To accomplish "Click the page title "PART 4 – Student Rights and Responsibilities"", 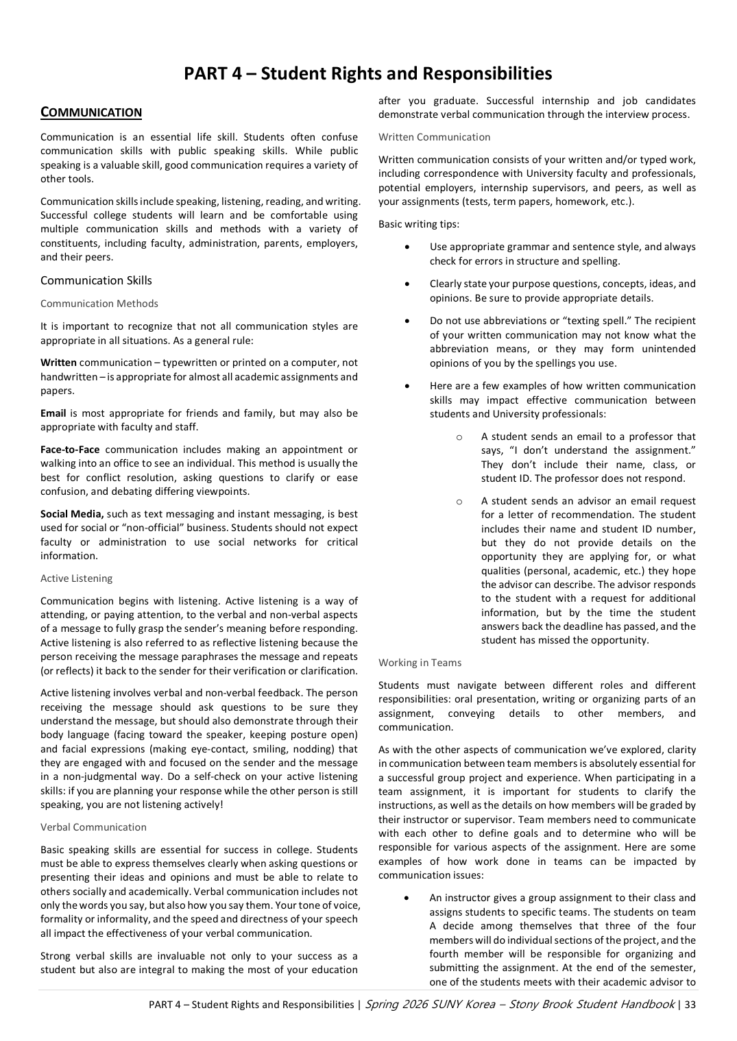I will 367,73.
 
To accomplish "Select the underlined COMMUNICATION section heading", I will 91,112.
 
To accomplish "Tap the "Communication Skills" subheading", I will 96,280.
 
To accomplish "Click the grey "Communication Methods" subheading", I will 99,304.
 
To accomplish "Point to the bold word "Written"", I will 58,363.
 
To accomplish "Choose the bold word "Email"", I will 53,413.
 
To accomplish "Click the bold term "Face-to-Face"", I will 70,450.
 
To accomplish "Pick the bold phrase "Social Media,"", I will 72,514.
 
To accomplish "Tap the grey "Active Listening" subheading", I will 76,578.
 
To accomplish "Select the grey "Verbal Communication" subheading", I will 93,827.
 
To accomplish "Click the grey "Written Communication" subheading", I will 434,137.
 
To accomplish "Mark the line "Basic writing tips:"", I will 419,224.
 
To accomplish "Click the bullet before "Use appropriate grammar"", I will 408,247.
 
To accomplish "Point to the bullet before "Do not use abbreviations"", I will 408,321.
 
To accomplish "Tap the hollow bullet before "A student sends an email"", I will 459,437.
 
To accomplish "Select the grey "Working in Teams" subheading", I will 420,663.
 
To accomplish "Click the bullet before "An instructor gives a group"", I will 408,898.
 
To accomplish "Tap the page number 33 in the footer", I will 690,1005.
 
